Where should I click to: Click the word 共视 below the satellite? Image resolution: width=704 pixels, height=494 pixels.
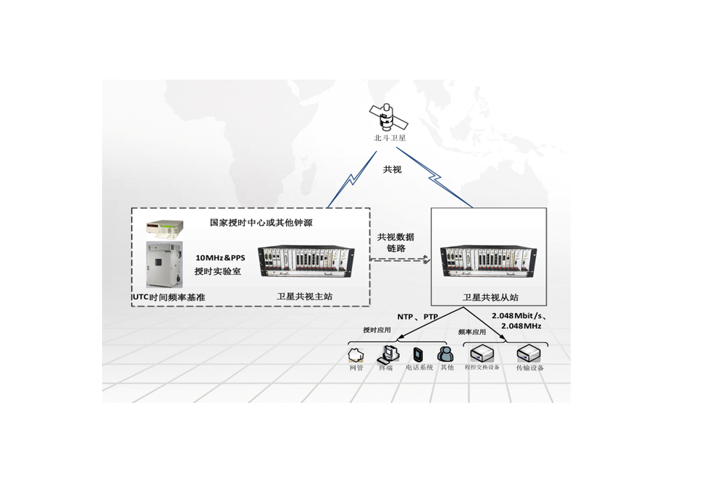(x=392, y=169)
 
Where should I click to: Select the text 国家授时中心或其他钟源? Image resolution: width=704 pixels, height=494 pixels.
(x=261, y=223)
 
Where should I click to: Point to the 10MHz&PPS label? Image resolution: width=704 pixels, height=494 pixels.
(x=220, y=257)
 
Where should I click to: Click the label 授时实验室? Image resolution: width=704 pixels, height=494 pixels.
(x=217, y=271)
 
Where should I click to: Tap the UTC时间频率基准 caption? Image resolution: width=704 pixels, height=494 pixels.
(x=169, y=297)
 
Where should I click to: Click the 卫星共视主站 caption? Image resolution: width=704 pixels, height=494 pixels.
(x=304, y=297)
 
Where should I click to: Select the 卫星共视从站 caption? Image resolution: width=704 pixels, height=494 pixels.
(x=490, y=297)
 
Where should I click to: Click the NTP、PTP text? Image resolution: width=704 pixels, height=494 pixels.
(x=417, y=317)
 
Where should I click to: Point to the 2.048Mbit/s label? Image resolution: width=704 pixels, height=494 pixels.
(x=518, y=317)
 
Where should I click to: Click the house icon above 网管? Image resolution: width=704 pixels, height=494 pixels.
(x=355, y=354)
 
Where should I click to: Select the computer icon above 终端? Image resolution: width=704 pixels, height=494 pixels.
(x=387, y=354)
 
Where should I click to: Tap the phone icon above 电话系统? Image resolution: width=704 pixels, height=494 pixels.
(x=418, y=354)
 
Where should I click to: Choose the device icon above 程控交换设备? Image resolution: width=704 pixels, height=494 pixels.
(x=482, y=354)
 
